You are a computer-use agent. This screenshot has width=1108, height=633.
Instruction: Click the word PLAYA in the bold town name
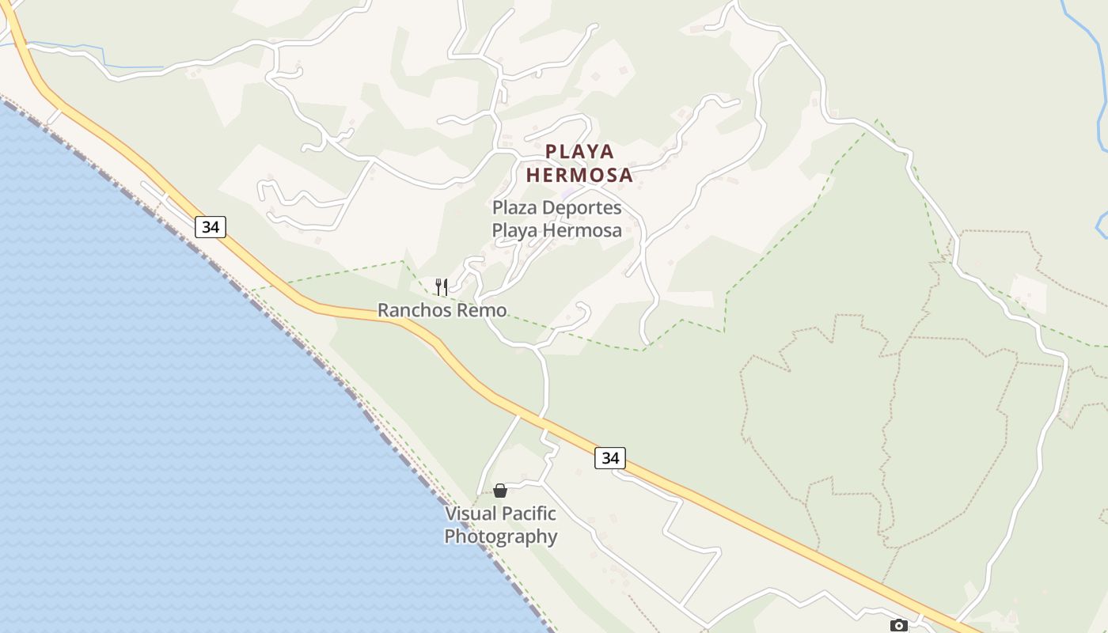pyautogui.click(x=580, y=151)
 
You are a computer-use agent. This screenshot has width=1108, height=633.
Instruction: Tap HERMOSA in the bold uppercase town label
pyautogui.click(x=580, y=175)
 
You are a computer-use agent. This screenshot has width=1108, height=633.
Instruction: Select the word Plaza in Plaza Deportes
pyautogui.click(x=515, y=208)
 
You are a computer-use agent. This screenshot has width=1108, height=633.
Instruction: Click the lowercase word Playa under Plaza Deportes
pyautogui.click(x=516, y=231)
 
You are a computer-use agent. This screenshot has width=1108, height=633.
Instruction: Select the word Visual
pyautogui.click(x=469, y=514)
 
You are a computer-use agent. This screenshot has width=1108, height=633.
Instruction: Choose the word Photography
pyautogui.click(x=501, y=536)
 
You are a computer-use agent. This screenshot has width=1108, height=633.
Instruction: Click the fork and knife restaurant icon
pyautogui.click(x=442, y=286)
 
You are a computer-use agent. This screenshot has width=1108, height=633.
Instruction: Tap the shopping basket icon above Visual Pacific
pyautogui.click(x=500, y=491)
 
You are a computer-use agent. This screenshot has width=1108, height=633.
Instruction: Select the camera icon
pyautogui.click(x=898, y=625)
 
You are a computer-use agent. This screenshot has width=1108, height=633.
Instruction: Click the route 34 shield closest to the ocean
pyautogui.click(x=211, y=227)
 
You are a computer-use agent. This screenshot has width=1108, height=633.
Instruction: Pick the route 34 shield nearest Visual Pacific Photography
pyautogui.click(x=610, y=457)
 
